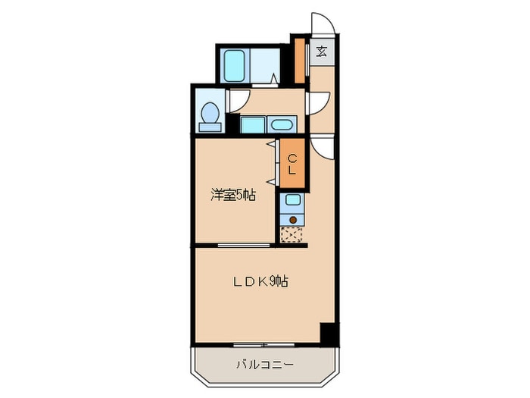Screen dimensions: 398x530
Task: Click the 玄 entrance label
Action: point(321,52)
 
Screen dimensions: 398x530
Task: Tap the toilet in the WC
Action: point(210,114)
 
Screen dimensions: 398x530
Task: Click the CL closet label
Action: point(291,164)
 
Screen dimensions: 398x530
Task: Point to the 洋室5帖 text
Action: point(232,196)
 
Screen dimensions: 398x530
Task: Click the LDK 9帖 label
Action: point(259,281)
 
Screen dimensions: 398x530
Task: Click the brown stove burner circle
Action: point(292,220)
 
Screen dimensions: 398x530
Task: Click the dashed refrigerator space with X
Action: point(291,235)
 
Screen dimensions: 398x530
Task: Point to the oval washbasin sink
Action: point(282,125)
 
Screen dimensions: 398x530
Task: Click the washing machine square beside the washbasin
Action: point(253,125)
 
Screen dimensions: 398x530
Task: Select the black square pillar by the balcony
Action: point(327,332)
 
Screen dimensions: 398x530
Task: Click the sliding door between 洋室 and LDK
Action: point(244,246)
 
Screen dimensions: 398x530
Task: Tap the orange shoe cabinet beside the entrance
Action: point(301,61)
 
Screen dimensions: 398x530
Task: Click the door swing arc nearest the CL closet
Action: point(322,147)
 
